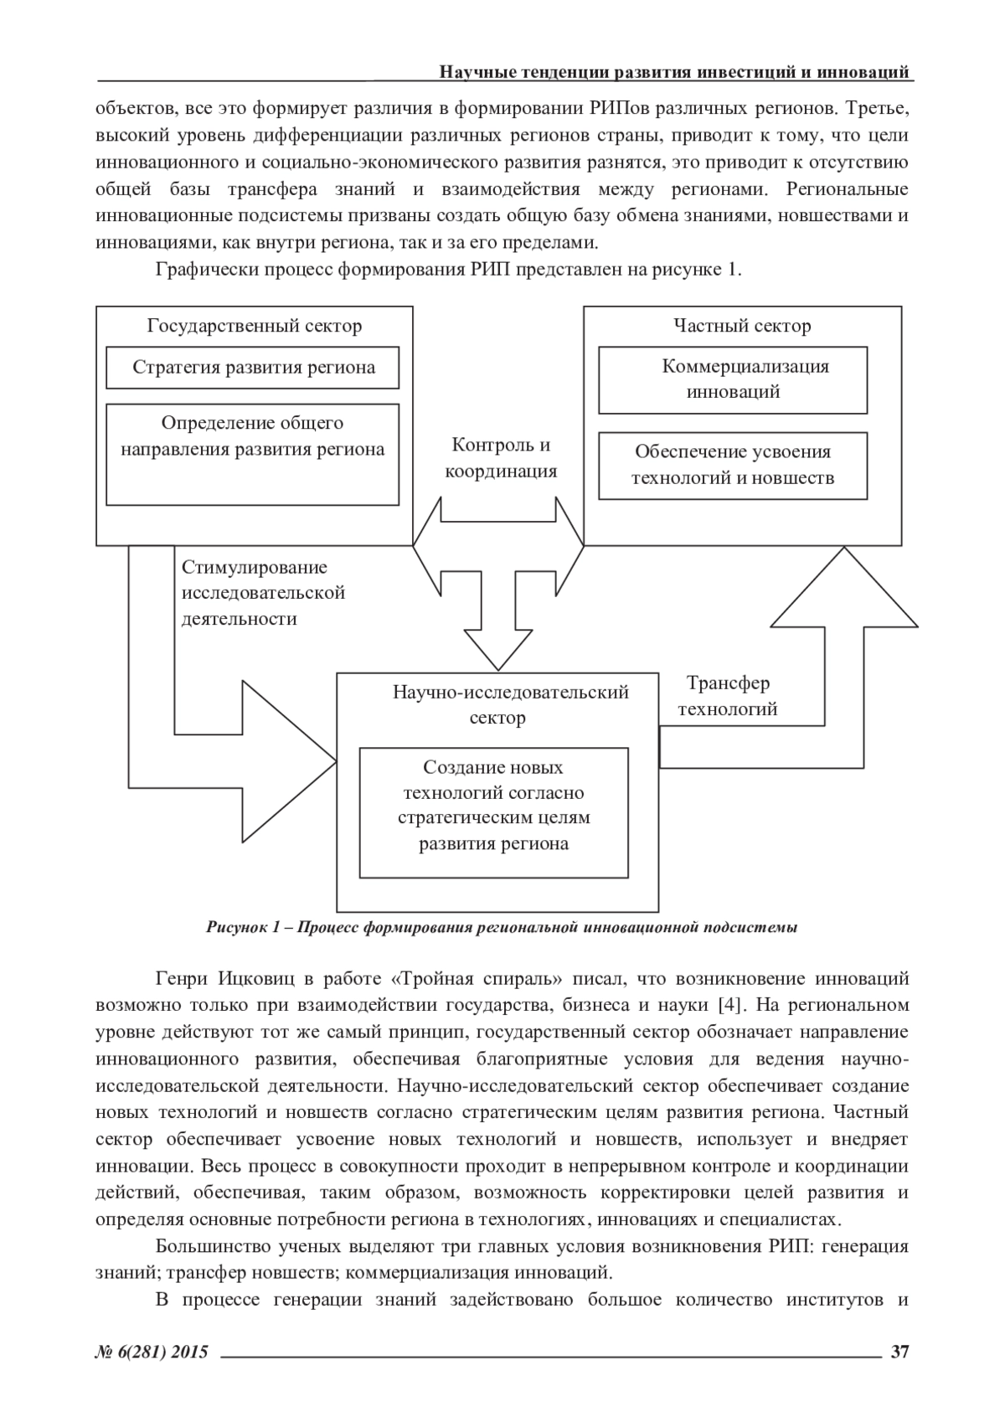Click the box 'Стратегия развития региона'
pyautogui.click(x=253, y=368)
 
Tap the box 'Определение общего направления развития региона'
pyautogui.click(x=253, y=454)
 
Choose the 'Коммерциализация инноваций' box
pyautogui.click(x=733, y=379)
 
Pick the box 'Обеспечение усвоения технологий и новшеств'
pyautogui.click(x=733, y=466)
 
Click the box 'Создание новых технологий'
pyautogui.click(x=494, y=811)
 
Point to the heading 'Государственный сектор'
pyautogui.click(x=255, y=326)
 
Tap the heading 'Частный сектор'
pyautogui.click(x=742, y=326)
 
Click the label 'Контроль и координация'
pyautogui.click(x=501, y=457)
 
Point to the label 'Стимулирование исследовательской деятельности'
pyautogui.click(x=264, y=593)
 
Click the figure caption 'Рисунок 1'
pyautogui.click(x=501, y=927)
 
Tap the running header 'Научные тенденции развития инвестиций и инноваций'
pyautogui.click(x=674, y=72)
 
